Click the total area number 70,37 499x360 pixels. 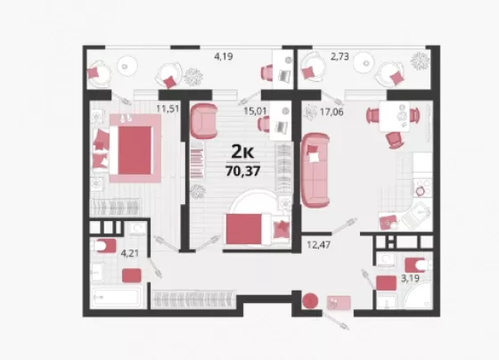point(243,171)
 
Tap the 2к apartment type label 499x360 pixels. point(242,151)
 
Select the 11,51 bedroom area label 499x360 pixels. point(168,109)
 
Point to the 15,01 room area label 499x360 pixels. point(255,111)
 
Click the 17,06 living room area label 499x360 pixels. point(331,112)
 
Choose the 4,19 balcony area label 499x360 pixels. point(224,57)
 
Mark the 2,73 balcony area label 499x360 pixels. point(339,57)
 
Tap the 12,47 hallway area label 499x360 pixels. point(319,245)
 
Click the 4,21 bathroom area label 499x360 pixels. point(130,253)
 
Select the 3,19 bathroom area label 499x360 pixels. point(410,279)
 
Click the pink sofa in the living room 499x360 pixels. point(315,170)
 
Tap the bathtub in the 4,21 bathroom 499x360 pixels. point(117,298)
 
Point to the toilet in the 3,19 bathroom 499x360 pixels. point(418,265)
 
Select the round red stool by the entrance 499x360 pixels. point(310,301)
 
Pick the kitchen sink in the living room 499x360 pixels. point(416,216)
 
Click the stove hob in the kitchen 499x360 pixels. point(422,188)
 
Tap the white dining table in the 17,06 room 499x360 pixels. point(394,117)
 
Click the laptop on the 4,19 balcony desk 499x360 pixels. point(284,76)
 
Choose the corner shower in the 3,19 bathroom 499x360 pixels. point(418,296)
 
